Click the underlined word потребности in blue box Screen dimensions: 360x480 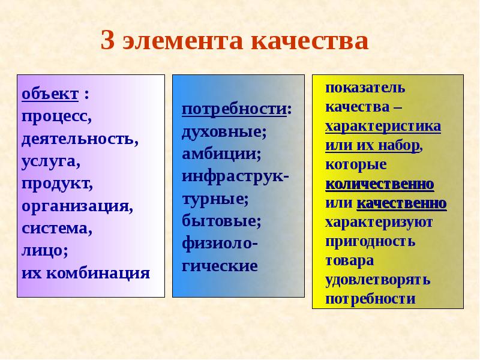point(234,109)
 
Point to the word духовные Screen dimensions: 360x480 point(224,131)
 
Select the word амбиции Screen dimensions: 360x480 point(221,154)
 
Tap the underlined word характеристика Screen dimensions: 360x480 point(383,127)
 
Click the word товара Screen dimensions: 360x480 point(350,260)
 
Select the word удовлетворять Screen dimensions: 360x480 point(377,280)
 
